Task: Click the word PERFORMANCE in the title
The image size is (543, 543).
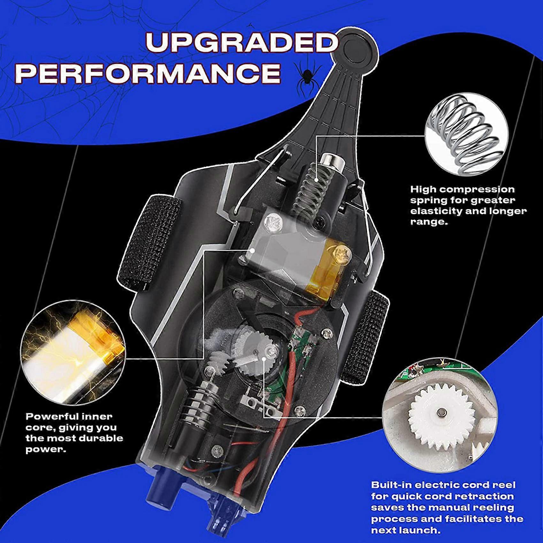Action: pyautogui.click(x=148, y=73)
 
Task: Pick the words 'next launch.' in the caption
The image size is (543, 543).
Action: pyautogui.click(x=406, y=530)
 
